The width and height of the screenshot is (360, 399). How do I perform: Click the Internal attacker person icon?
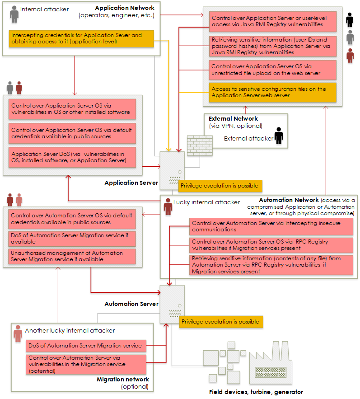(x=14, y=14)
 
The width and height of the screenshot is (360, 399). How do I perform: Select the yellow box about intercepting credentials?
(x=81, y=38)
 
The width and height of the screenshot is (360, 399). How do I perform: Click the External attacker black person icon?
(x=279, y=135)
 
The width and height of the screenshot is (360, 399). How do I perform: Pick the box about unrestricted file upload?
(x=272, y=70)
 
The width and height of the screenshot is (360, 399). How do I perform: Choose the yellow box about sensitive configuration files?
(x=272, y=92)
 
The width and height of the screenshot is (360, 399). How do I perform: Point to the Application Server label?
(x=131, y=183)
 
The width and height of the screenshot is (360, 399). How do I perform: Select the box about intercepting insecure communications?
(x=271, y=226)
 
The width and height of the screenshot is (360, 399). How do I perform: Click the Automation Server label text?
(x=131, y=304)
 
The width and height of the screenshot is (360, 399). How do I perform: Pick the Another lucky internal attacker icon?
(x=18, y=333)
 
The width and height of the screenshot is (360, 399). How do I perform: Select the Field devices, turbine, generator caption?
(x=256, y=392)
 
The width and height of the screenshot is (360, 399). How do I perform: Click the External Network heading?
(x=233, y=119)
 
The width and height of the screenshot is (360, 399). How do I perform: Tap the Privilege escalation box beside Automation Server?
(x=221, y=322)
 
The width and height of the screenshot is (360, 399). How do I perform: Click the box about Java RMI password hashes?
(x=272, y=46)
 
